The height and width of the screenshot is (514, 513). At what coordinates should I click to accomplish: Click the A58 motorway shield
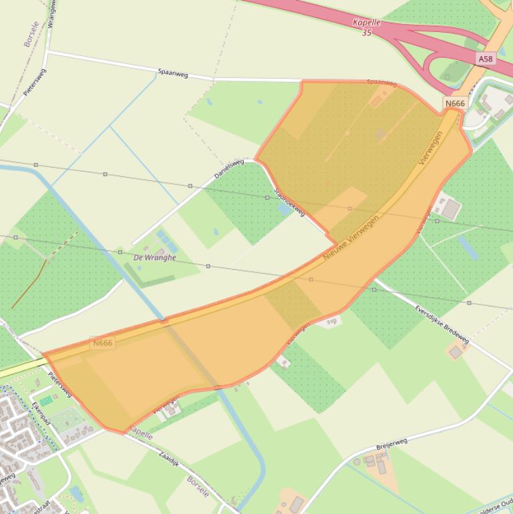486,59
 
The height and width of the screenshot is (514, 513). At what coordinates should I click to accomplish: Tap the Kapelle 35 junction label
366,27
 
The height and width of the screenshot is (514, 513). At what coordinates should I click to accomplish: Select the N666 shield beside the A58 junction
454,103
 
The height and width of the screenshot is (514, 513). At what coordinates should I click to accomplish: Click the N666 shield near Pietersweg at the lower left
103,343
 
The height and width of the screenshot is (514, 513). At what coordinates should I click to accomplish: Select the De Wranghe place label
155,257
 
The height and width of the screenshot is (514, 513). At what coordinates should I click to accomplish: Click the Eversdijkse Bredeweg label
442,326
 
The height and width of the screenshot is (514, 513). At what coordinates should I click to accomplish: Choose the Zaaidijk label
170,458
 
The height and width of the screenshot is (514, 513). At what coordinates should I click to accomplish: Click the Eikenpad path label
41,415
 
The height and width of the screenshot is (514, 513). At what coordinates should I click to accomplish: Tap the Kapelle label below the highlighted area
141,433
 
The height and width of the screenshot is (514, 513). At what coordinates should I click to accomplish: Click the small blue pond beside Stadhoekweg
285,208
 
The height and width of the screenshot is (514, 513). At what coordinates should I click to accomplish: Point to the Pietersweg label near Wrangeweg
35,82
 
